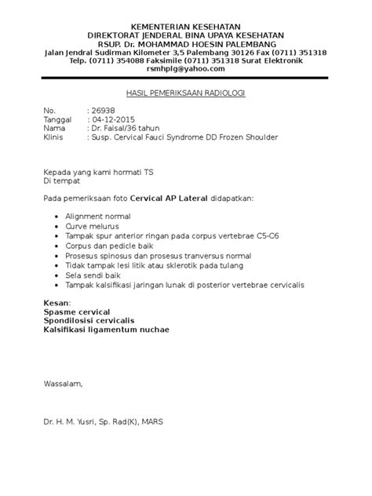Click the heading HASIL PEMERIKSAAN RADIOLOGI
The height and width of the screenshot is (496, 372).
[x=185, y=93]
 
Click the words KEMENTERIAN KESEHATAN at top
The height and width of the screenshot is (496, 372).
[x=185, y=27]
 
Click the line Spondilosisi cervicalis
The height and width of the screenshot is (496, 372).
[x=93, y=320]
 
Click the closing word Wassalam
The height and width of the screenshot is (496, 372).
[x=63, y=385]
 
